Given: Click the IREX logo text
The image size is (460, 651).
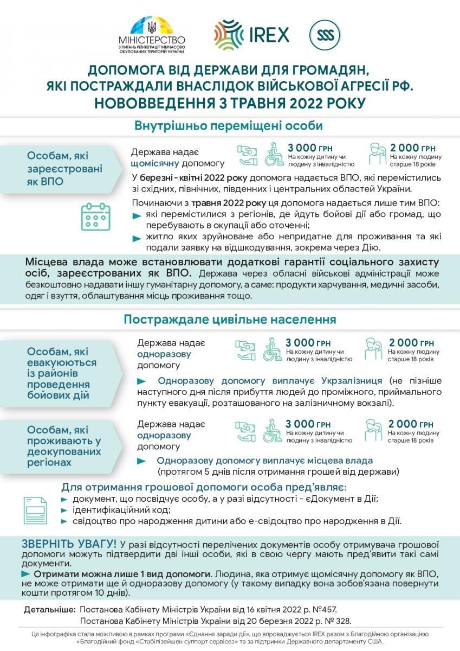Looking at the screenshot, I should (269, 34).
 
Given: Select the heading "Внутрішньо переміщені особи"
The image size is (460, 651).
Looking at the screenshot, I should (229, 126).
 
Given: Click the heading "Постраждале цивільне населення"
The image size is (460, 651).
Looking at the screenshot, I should (229, 319).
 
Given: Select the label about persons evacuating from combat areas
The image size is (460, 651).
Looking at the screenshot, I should (62, 373).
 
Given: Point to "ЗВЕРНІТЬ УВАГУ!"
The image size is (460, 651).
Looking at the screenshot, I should (69, 544).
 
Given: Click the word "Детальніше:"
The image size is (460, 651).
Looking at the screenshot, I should (49, 610).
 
